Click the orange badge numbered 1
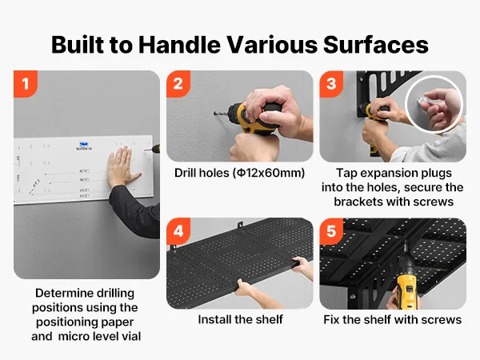(x=26, y=83)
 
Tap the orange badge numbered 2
(x=178, y=83)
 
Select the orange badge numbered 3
(x=331, y=83)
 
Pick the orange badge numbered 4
(x=178, y=231)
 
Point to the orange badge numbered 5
(x=331, y=231)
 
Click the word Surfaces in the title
(x=376, y=45)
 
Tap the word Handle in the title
(x=179, y=45)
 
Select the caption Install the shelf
(x=240, y=319)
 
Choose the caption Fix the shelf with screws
(x=393, y=319)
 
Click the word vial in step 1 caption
(x=131, y=337)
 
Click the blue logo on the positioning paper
(x=83, y=146)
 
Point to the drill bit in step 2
(x=221, y=114)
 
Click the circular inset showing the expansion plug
(x=434, y=104)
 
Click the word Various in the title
(x=272, y=45)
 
